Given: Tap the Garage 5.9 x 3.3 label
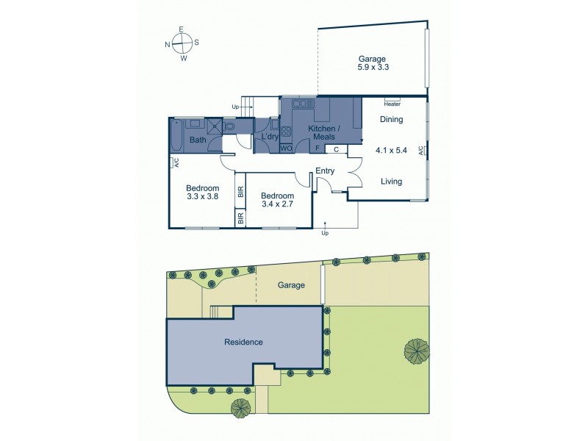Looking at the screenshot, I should coord(372,62).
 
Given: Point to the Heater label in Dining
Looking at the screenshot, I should coord(392,104).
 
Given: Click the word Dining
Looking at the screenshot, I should coord(391,119).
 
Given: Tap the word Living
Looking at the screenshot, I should coord(391,181).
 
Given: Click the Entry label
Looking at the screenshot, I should coord(325,171).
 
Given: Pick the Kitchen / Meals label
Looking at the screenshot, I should coord(321,133).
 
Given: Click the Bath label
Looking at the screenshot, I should coord(198,140).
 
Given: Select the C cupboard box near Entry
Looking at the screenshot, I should coord(335,148).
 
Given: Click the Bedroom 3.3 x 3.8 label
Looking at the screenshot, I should coord(202,192).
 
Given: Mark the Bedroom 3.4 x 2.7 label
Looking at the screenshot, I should coord(278,199).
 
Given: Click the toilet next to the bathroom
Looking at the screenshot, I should coord(230,127).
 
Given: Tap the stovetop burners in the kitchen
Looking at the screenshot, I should coord(286,132).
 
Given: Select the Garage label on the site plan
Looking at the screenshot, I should coord(291,284).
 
